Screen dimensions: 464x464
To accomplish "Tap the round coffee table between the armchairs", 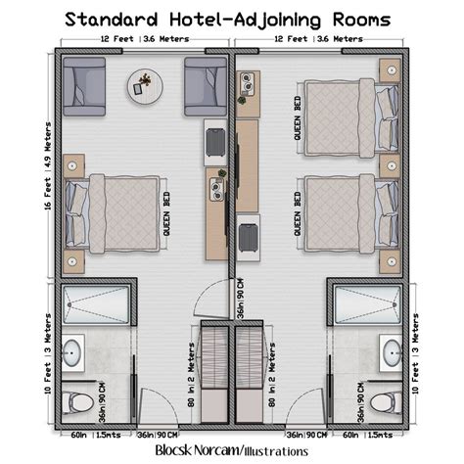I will pos(143,85).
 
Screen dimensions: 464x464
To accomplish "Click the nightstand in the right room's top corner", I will pos(390,69).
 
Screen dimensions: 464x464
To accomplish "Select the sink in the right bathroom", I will pos(391,351).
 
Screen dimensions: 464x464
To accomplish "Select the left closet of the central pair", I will pos(214,372).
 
